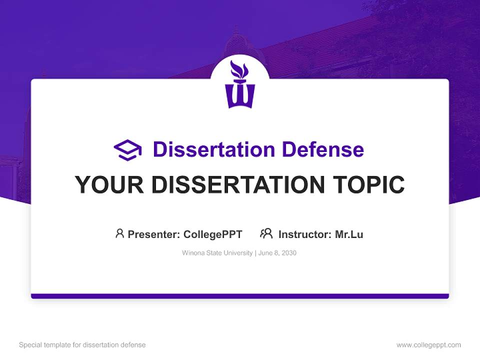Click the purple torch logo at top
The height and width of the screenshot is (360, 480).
[240, 86]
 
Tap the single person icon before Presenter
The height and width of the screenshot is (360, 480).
[119, 233]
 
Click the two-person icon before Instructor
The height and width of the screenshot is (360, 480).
[266, 233]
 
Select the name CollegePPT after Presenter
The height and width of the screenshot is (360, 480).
[213, 234]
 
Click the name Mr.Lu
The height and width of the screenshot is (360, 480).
[349, 234]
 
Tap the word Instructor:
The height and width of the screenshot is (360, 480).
[305, 234]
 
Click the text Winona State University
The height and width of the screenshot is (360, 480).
[217, 253]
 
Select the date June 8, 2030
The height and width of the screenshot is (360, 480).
[278, 253]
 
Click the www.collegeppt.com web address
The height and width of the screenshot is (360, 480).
[428, 345]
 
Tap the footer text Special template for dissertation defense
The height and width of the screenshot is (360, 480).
[82, 345]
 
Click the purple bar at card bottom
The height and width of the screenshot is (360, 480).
[240, 296]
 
